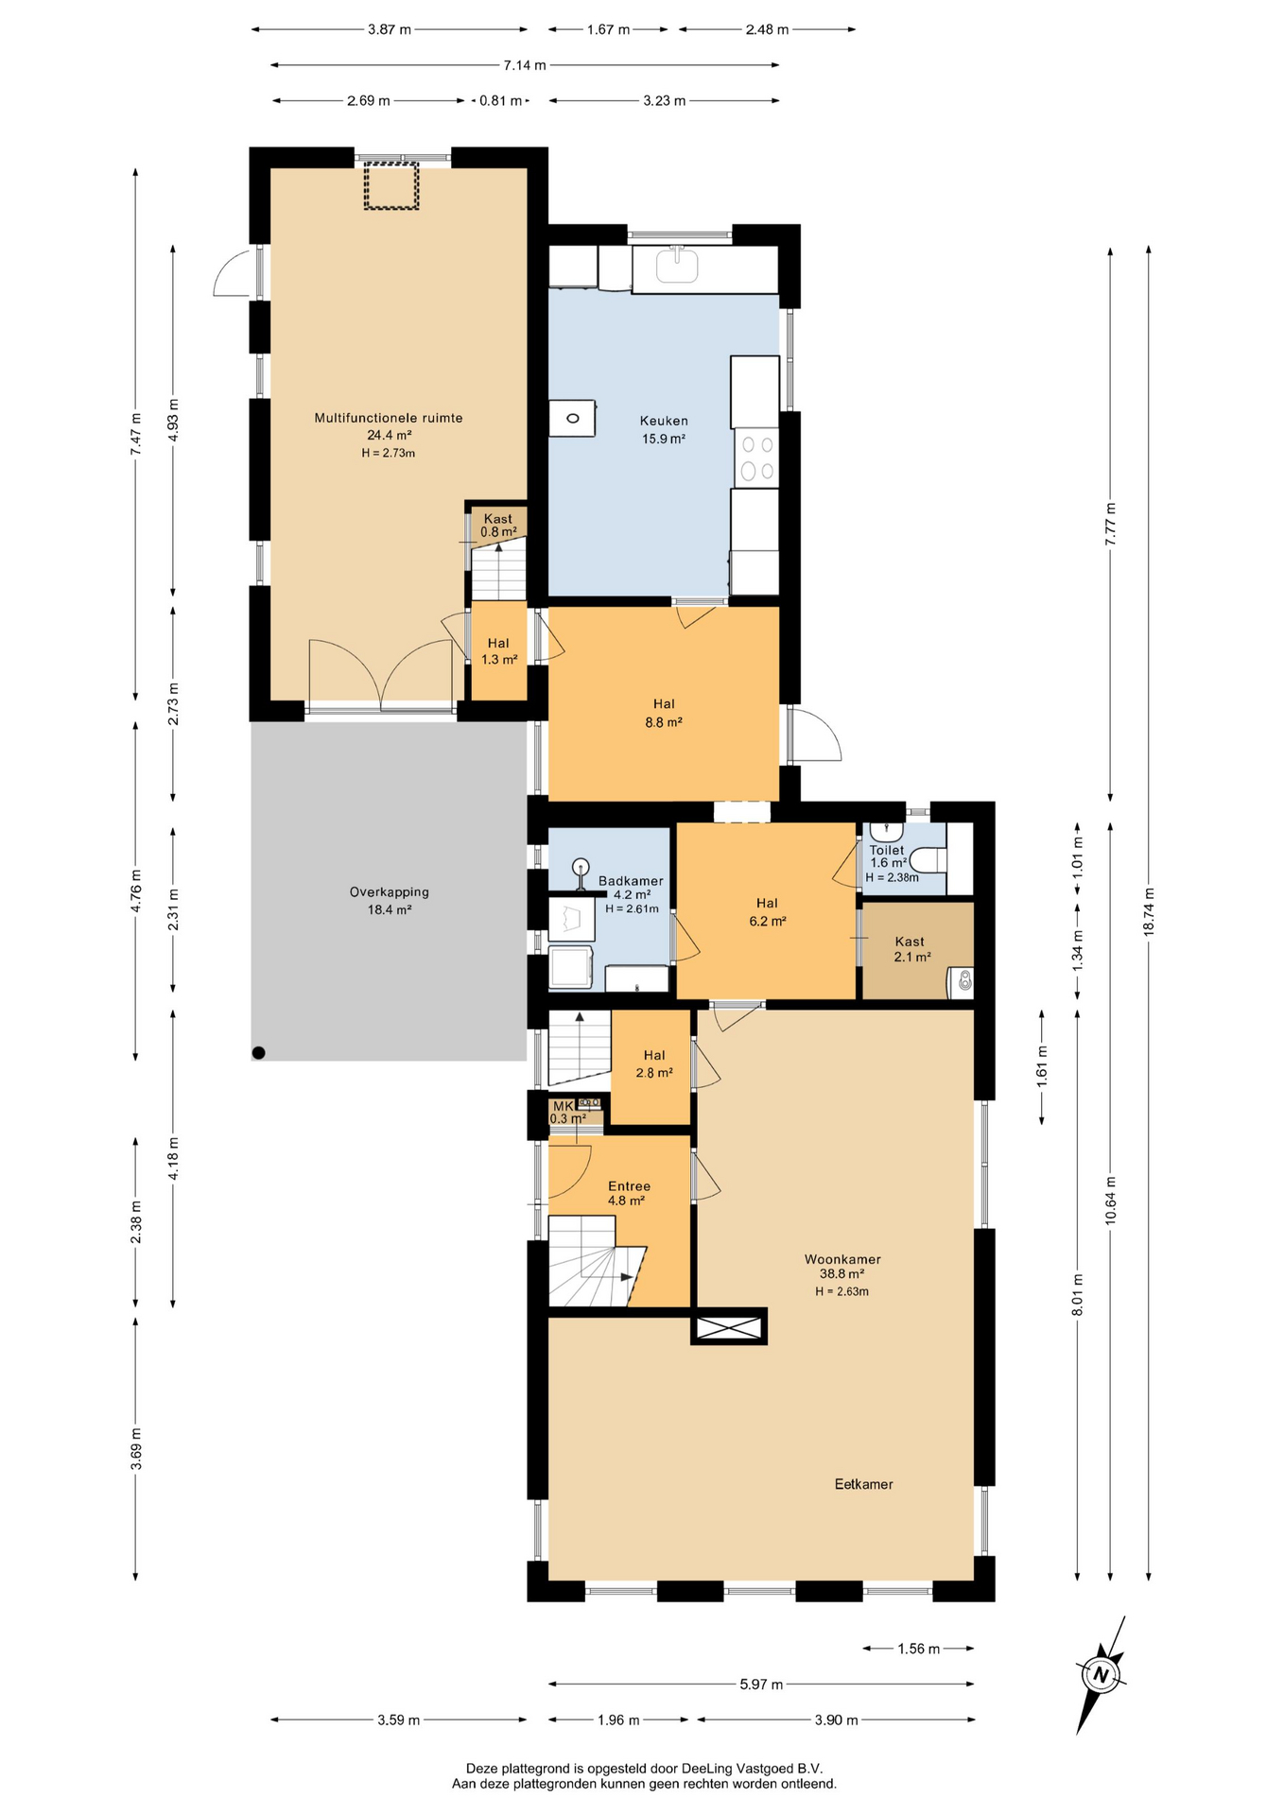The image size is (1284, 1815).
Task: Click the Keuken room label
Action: [x=664, y=421]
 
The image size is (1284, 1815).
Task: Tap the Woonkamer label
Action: [x=842, y=1259]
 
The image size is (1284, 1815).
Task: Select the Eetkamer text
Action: [x=863, y=1484]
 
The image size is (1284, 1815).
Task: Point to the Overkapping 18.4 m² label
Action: [x=390, y=901]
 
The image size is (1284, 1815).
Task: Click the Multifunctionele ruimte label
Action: [x=389, y=418]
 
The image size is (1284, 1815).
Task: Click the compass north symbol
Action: [x=1101, y=1674]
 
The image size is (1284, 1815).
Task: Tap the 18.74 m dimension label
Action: [x=1149, y=911]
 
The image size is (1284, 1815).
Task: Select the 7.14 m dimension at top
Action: [x=525, y=65]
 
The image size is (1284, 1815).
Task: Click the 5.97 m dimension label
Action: [x=761, y=1684]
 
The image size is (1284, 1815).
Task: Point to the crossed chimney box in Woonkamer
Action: [x=730, y=1327]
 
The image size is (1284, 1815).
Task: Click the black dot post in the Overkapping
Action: [x=259, y=1052]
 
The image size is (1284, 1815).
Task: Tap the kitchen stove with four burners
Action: [x=756, y=458]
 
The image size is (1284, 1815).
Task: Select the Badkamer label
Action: [x=631, y=881]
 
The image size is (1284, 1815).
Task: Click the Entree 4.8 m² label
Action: [x=629, y=1193]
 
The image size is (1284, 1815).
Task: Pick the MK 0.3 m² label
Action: [x=567, y=1113]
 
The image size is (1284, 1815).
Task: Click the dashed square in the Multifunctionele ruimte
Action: [x=391, y=186]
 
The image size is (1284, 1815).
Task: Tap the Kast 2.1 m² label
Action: [x=911, y=949]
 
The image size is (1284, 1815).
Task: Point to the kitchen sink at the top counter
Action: [x=677, y=266]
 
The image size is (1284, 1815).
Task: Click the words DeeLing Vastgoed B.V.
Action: [x=752, y=1768]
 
